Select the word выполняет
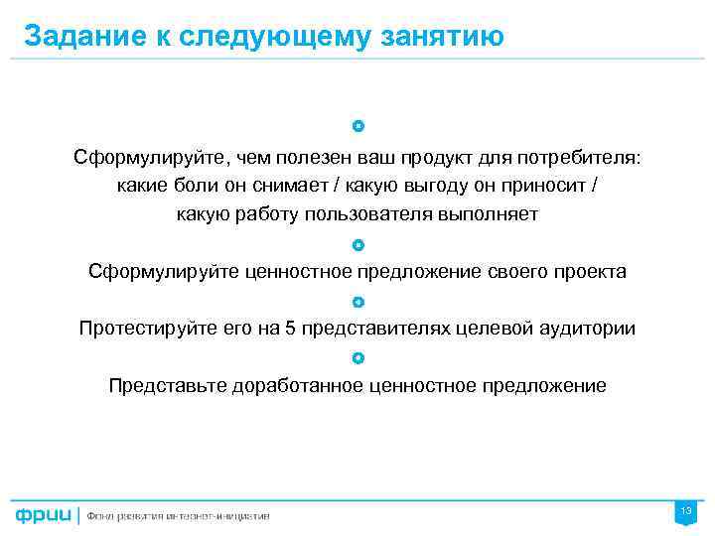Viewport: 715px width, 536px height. coord(493,213)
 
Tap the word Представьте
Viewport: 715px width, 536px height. coord(166,386)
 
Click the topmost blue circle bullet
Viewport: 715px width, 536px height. coord(357,127)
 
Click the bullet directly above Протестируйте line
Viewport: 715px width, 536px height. coord(357,301)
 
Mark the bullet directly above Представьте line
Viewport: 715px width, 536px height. coord(357,357)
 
